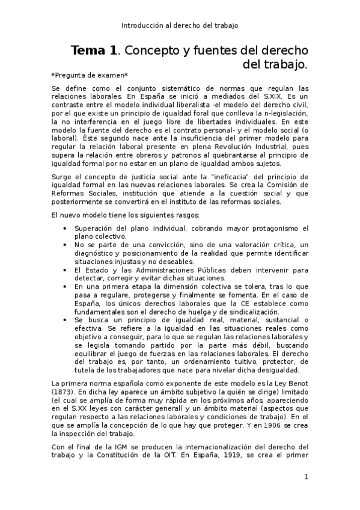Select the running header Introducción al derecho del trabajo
coord(180,25)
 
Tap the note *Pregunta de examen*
coord(81,75)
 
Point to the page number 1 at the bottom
coord(306,478)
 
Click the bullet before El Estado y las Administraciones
coord(65,271)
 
